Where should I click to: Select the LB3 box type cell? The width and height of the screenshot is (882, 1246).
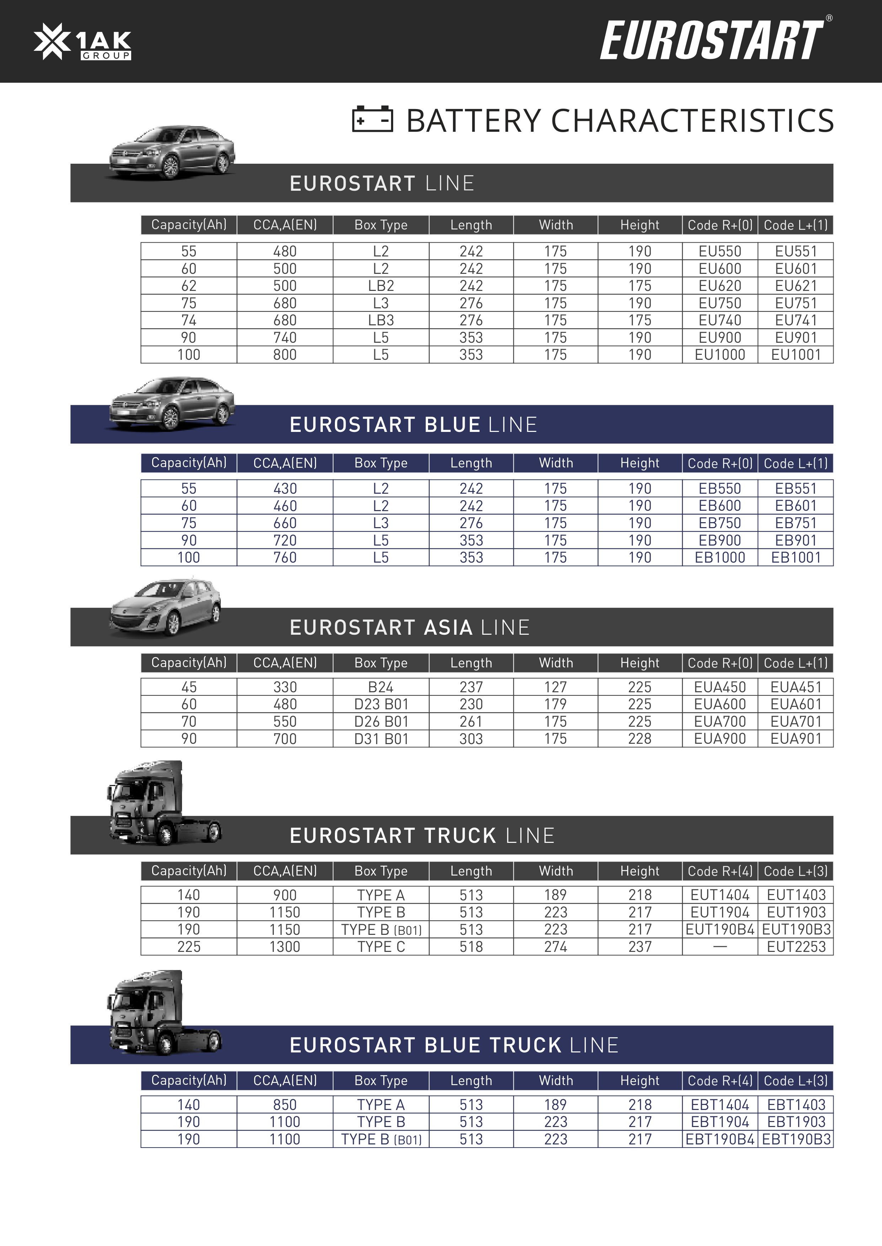point(381,320)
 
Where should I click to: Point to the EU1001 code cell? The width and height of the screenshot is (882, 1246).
point(796,355)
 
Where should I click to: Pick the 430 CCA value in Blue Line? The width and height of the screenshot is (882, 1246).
point(285,488)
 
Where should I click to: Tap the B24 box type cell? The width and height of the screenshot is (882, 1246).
point(381,687)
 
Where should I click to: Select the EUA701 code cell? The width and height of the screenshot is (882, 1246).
point(796,721)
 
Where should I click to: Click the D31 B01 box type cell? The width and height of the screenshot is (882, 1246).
point(381,738)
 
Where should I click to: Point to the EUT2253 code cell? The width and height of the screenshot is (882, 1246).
point(796,947)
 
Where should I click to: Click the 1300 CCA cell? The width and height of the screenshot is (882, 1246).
point(285,947)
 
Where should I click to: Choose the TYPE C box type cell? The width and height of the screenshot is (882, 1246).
point(381,947)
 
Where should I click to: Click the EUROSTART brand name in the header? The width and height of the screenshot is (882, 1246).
point(711,41)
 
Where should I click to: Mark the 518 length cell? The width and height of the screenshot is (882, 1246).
point(471,947)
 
